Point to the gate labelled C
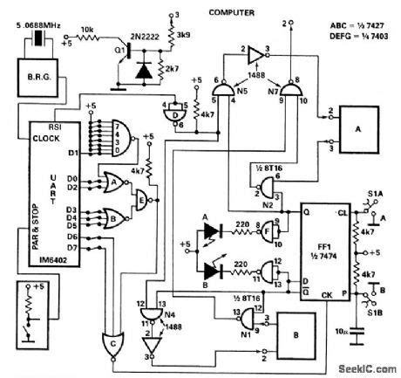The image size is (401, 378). point(116,343)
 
